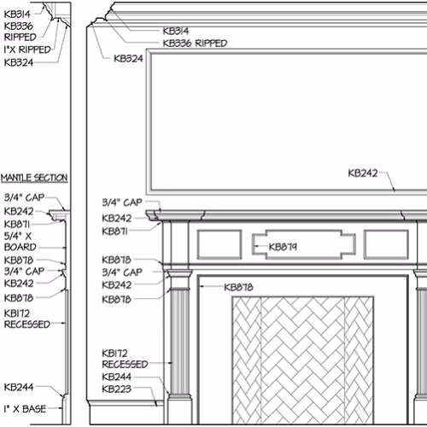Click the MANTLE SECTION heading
(34, 178)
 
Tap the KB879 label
(283, 247)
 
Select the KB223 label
(117, 389)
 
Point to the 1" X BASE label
(25, 409)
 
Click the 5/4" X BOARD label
(20, 242)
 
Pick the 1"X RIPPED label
(27, 50)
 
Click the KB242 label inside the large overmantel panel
(363, 173)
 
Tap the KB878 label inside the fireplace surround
(238, 287)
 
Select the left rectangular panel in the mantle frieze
(219, 244)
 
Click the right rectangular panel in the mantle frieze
(386, 244)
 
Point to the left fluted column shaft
(180, 342)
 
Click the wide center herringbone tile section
(302, 360)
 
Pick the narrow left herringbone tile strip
(247, 360)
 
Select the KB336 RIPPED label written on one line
(195, 44)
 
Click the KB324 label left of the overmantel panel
(128, 59)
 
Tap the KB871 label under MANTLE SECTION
(17, 225)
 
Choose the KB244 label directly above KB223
(117, 377)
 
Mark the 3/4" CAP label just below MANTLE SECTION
(24, 197)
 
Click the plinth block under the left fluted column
(179, 411)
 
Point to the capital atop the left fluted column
(179, 279)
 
